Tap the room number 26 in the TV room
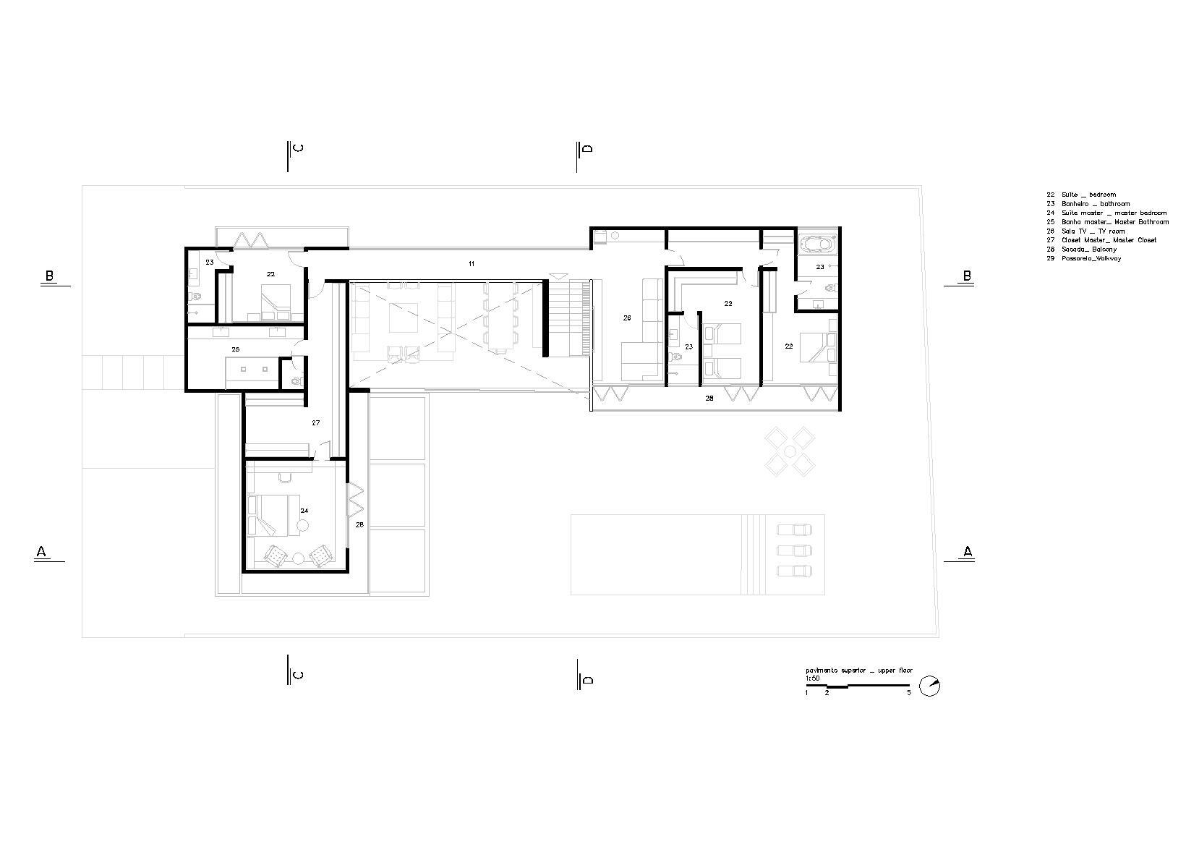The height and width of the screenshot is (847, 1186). point(627,318)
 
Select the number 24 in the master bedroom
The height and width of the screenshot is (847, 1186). point(304,510)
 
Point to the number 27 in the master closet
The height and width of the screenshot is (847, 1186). point(316,422)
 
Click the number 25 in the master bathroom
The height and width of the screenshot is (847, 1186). point(235,349)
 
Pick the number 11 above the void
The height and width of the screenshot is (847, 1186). point(471,264)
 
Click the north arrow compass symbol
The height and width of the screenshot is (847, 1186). point(931,686)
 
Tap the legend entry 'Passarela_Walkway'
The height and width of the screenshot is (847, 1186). point(1084,258)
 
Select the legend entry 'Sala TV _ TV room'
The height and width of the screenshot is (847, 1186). point(1085,231)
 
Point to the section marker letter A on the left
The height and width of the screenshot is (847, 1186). point(41,552)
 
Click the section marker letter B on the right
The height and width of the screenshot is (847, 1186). point(966,276)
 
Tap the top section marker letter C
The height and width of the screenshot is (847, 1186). point(298,149)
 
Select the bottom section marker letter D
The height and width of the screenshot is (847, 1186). point(588,680)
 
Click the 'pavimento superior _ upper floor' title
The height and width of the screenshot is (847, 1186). point(858,671)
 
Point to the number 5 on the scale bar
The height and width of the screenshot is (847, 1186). point(909,693)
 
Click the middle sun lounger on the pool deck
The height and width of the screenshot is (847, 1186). point(793,550)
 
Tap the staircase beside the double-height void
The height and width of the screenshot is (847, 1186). point(571,319)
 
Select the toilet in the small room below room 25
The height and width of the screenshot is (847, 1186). point(295,380)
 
